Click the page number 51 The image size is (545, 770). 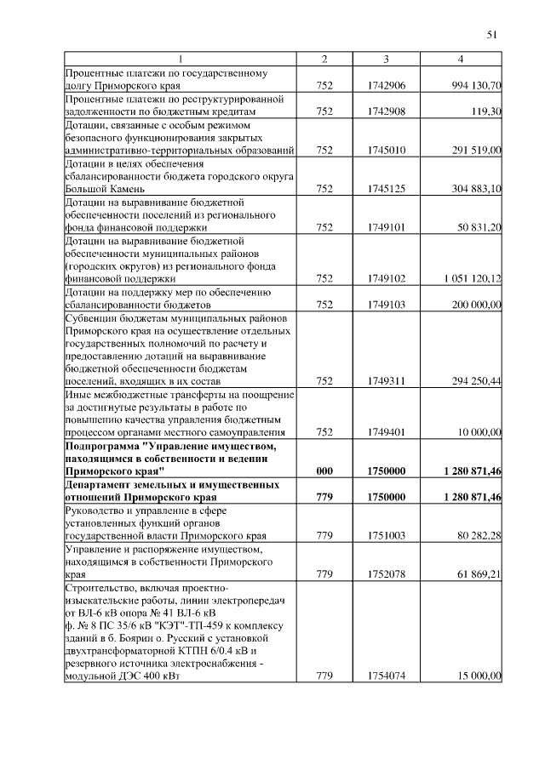pyautogui.click(x=491, y=35)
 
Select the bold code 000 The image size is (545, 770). pyautogui.click(x=324, y=470)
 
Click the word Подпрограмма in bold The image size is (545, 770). pyautogui.click(x=100, y=445)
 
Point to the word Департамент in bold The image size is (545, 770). pyautogui.click(x=99, y=483)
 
